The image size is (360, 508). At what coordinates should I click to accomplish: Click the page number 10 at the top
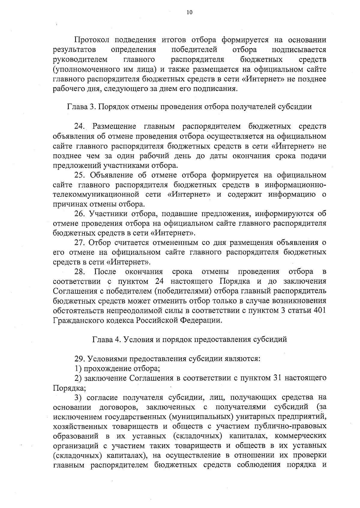click(x=189, y=12)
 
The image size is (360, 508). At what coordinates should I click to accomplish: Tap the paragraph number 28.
click(x=80, y=272)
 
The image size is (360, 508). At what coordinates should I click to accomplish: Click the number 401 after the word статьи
click(x=319, y=311)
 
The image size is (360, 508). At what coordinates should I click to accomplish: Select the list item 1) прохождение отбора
click(x=117, y=368)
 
